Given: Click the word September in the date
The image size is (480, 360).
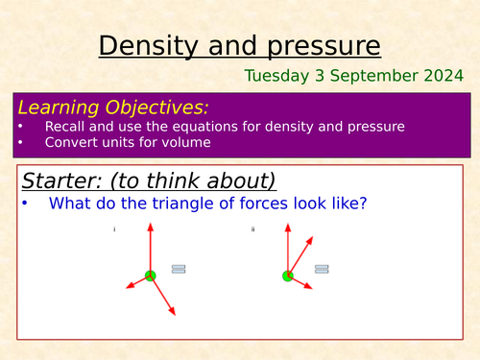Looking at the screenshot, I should [x=377, y=75].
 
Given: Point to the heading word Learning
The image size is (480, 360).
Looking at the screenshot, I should [x=60, y=107].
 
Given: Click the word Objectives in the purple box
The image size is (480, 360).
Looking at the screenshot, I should [x=156, y=107].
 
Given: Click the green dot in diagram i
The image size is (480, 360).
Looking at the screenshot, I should [x=150, y=276].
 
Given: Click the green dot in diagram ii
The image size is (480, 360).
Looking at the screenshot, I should [x=288, y=276].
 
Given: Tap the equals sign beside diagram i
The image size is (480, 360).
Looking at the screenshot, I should [x=179, y=269].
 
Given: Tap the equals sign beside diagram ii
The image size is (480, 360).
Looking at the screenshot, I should [x=321, y=269].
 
